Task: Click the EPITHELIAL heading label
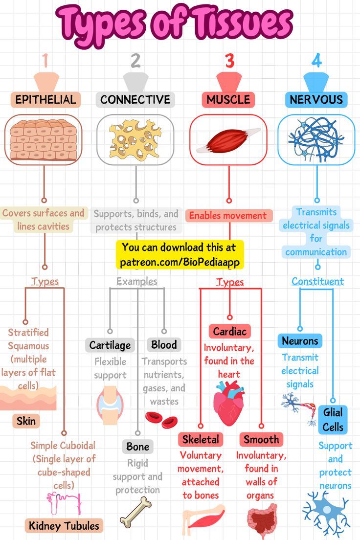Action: (45, 99)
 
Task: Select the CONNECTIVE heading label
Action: (135, 99)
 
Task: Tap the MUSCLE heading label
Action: (228, 99)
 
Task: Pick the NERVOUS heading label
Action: (316, 99)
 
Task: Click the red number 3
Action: (230, 61)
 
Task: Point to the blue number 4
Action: (316, 61)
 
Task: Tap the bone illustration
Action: (135, 513)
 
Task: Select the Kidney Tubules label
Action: (64, 526)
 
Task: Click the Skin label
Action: (26, 421)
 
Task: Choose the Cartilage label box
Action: (110, 345)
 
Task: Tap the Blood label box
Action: (164, 345)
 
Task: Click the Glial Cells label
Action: (333, 420)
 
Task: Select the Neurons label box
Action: (300, 341)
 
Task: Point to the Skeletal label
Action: (201, 439)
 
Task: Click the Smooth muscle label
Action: (262, 439)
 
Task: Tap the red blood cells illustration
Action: (161, 420)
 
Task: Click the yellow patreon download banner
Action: (180, 255)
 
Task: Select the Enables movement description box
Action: (228, 216)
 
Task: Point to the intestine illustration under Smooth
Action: (262, 519)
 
